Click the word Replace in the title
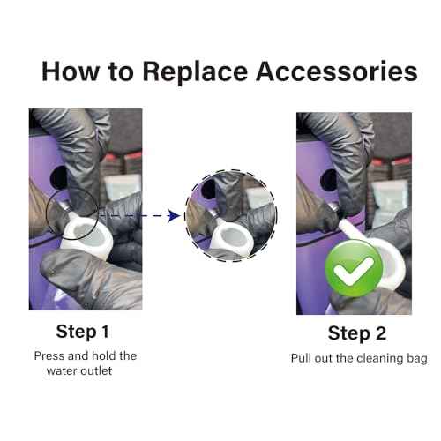[x=195, y=71]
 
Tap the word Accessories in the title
[x=337, y=71]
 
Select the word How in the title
[x=71, y=71]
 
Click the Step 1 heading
[x=83, y=332]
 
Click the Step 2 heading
[x=357, y=333]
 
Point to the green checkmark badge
[x=354, y=268]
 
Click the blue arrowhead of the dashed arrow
[x=174, y=216]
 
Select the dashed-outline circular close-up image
[x=230, y=215]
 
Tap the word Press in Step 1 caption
[x=49, y=356]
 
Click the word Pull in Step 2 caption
[x=301, y=358]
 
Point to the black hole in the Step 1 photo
[x=59, y=177]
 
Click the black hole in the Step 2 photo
[x=329, y=180]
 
